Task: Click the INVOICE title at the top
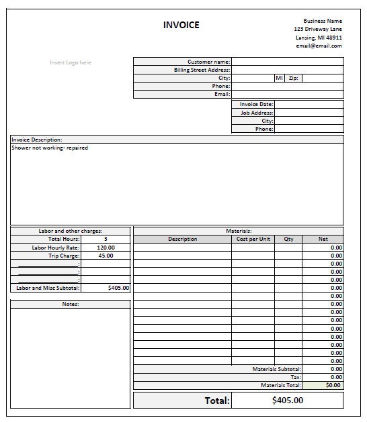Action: pyautogui.click(x=181, y=25)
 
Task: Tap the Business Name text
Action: pyautogui.click(x=323, y=21)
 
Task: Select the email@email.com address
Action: pyautogui.click(x=319, y=46)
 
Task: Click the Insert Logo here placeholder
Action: pyautogui.click(x=71, y=62)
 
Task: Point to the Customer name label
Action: pyautogui.click(x=208, y=62)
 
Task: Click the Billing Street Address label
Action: pyautogui.click(x=202, y=70)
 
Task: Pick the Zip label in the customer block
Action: pyautogui.click(x=293, y=78)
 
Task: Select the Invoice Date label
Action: pyautogui.click(x=256, y=105)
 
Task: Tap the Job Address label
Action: pyautogui.click(x=257, y=113)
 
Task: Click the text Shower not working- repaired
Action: pyautogui.click(x=50, y=148)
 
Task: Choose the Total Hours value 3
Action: pyautogui.click(x=106, y=239)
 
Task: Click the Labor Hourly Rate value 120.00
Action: pyautogui.click(x=106, y=248)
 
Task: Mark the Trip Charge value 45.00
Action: pyautogui.click(x=106, y=256)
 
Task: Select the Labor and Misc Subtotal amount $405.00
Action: pyautogui.click(x=118, y=288)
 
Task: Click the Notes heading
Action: pyautogui.click(x=70, y=304)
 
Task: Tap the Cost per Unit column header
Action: pyautogui.click(x=253, y=239)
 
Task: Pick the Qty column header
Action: pyautogui.click(x=288, y=239)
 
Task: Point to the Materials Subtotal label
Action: pyautogui.click(x=276, y=369)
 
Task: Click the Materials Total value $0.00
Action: pyautogui.click(x=333, y=385)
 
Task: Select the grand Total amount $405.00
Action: pyautogui.click(x=288, y=401)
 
